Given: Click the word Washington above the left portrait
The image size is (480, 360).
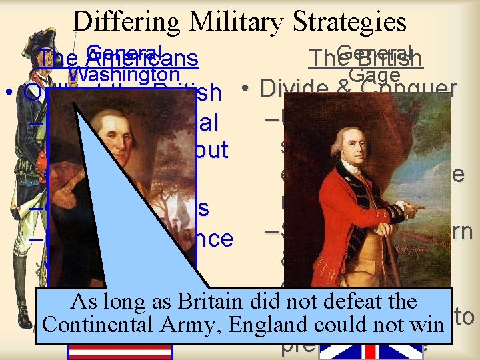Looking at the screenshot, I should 124,75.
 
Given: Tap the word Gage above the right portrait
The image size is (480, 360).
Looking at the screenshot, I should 374,75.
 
